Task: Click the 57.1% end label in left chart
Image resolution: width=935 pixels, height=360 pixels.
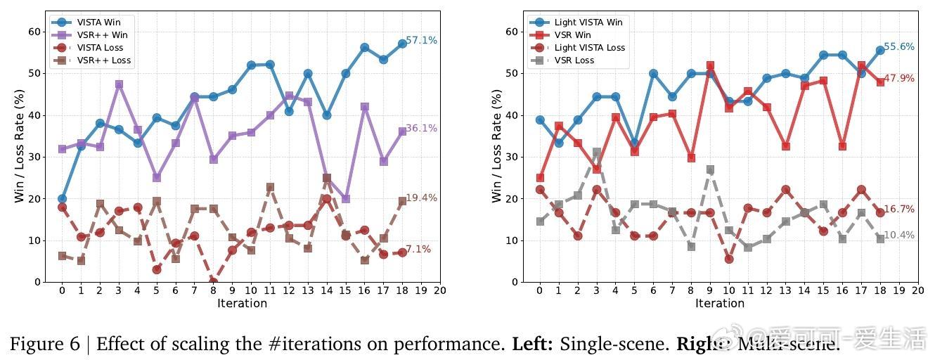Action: [422, 40]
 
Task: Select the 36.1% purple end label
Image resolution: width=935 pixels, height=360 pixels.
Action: [422, 128]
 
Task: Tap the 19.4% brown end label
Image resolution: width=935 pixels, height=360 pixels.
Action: [422, 198]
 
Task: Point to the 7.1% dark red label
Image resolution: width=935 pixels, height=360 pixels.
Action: [418, 249]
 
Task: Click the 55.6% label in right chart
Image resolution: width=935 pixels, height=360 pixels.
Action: [899, 46]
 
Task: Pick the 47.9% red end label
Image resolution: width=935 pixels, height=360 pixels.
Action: [899, 78]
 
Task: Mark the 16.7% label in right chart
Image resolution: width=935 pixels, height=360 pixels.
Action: [899, 209]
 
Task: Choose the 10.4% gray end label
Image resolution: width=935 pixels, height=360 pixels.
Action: [899, 235]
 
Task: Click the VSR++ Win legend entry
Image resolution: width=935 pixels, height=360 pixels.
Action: [102, 34]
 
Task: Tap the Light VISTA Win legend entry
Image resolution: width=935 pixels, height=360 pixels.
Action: [588, 22]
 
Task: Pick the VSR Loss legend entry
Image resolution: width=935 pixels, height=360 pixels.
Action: [574, 60]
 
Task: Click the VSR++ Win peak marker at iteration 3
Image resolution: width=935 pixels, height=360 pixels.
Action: [119, 84]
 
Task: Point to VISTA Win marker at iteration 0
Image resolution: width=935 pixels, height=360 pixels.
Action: [62, 199]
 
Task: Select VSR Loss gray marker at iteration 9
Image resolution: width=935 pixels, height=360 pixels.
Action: [710, 169]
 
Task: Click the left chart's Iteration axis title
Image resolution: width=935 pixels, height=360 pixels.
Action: [242, 304]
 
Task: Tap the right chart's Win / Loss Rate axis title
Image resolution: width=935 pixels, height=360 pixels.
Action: [497, 146]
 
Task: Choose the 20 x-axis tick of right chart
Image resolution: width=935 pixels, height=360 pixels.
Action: [917, 290]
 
